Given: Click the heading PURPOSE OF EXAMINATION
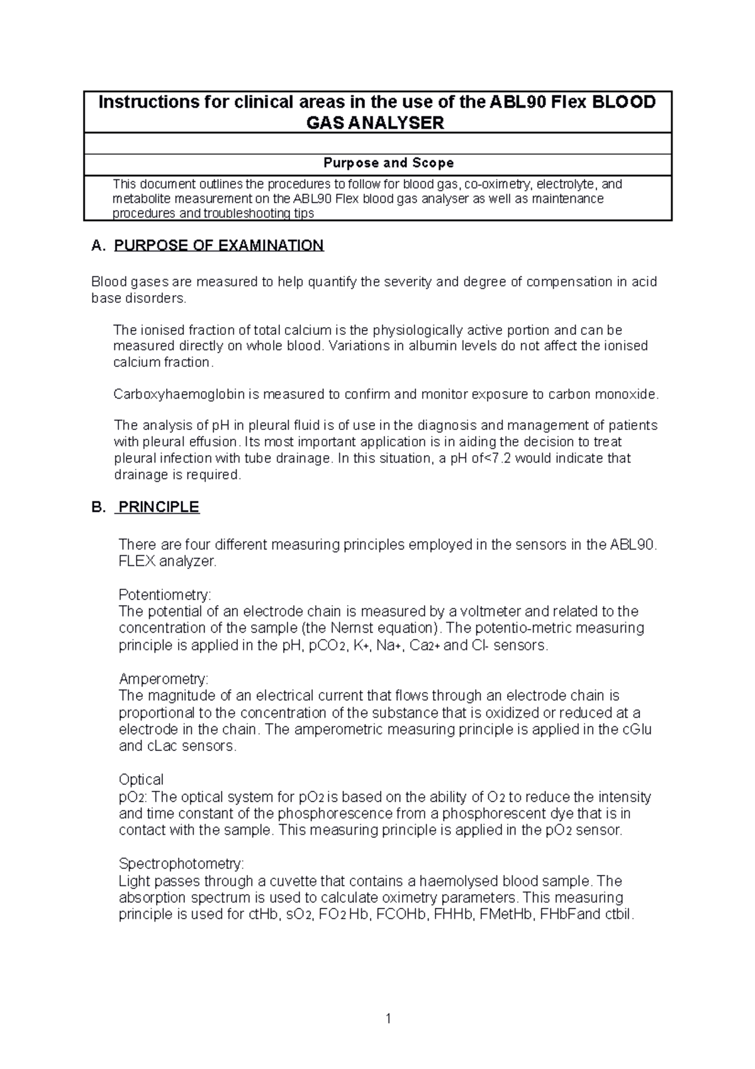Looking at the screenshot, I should pyautogui.click(x=218, y=246).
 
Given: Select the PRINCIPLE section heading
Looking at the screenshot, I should pyautogui.click(x=159, y=507).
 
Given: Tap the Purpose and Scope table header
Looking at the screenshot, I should pyautogui.click(x=388, y=163).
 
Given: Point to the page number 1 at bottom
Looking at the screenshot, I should pyautogui.click(x=389, y=1019).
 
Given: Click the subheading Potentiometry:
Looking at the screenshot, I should pyautogui.click(x=165, y=595).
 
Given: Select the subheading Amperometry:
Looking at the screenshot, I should pyautogui.click(x=163, y=679).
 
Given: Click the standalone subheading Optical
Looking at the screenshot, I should pyautogui.click(x=141, y=780).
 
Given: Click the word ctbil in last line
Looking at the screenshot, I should pyautogui.click(x=617, y=915).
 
